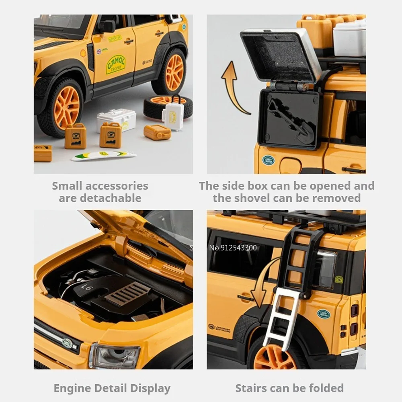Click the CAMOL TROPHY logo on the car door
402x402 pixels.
tap(115, 64)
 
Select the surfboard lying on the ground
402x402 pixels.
tap(103, 155)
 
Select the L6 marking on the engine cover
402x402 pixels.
tap(87, 287)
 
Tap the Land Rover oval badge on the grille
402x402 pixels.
tap(67, 343)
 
